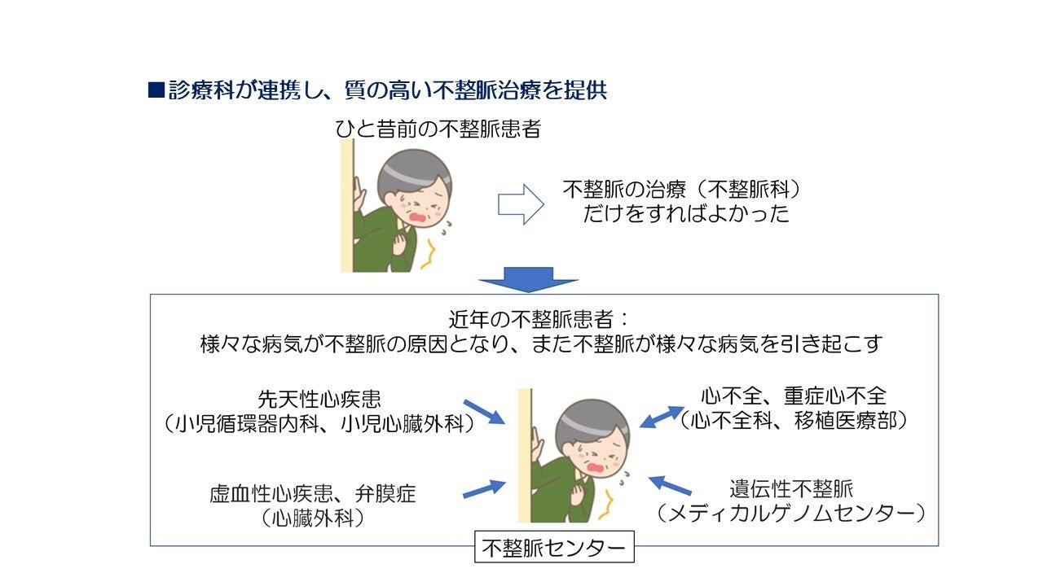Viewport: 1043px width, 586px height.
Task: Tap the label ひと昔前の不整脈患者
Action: pos(438,129)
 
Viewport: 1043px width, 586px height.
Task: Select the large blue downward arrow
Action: pos(528,278)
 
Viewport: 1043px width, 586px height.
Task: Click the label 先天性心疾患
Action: pos(319,400)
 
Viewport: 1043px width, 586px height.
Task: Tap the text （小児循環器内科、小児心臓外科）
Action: pos(319,423)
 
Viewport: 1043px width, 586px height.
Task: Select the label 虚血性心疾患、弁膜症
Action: pos(312,493)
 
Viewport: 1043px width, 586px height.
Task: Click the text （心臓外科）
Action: pos(312,518)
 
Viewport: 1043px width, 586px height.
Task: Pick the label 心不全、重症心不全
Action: pos(794,396)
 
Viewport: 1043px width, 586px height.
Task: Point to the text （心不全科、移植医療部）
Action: pos(794,420)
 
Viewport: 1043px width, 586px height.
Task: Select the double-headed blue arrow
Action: pos(662,416)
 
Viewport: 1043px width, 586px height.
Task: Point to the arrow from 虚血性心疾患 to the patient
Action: pos(483,489)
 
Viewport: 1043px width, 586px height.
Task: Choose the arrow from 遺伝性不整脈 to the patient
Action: pos(670,486)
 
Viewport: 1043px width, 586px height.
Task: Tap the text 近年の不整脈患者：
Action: pos(539,318)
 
